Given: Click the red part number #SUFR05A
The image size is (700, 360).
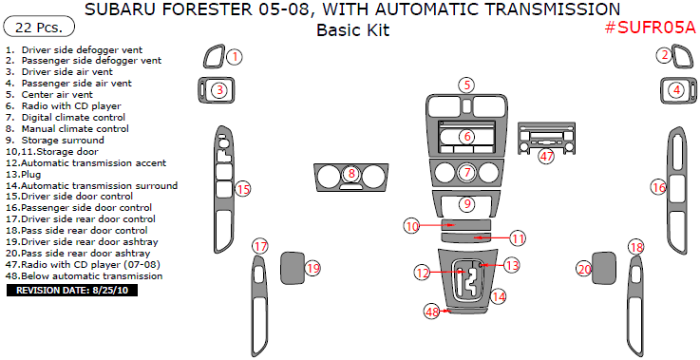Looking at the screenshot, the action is [651, 28].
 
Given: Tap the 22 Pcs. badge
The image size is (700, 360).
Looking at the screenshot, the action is [38, 28].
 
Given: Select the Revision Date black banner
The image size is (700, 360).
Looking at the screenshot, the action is [72, 291].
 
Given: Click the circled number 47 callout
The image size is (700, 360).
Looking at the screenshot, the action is [546, 157].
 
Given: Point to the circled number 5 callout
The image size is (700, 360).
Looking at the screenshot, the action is [466, 85].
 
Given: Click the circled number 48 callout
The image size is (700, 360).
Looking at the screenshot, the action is [432, 312].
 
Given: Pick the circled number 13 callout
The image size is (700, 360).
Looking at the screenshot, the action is [512, 265].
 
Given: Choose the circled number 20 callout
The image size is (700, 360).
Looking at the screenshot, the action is [584, 269].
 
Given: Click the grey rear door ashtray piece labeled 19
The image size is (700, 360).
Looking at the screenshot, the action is [292, 268].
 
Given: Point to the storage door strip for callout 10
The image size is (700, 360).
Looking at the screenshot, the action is [466, 224].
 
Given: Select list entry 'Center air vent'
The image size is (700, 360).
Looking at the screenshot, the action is [57, 95].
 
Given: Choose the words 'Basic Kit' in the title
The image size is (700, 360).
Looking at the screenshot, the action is [352, 30].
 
